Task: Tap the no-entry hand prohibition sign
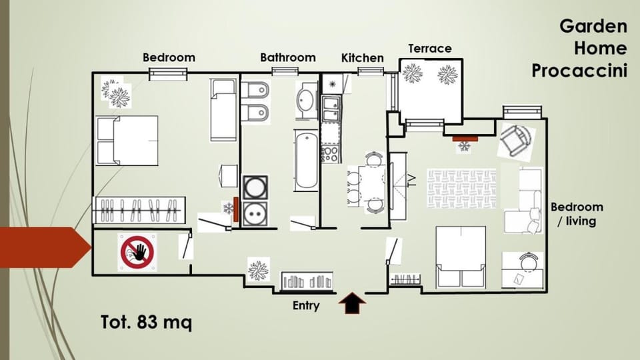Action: [x=137, y=252]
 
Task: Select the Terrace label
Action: [x=430, y=49]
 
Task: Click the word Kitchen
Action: [x=363, y=58]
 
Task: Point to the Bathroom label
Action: [x=288, y=57]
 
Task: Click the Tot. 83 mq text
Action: [x=146, y=322]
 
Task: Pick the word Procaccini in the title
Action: [x=579, y=71]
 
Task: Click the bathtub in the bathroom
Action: [x=306, y=161]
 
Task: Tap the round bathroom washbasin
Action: [x=305, y=99]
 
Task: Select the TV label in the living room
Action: [x=412, y=181]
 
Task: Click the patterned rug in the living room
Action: [x=461, y=189]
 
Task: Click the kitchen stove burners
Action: [x=330, y=154]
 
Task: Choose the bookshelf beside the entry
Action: [x=307, y=281]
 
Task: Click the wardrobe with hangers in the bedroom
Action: [x=139, y=210]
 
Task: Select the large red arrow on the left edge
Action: [x=45, y=247]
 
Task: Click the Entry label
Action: [x=306, y=306]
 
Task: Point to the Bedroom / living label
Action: [x=577, y=214]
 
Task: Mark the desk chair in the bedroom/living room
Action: [x=528, y=261]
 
